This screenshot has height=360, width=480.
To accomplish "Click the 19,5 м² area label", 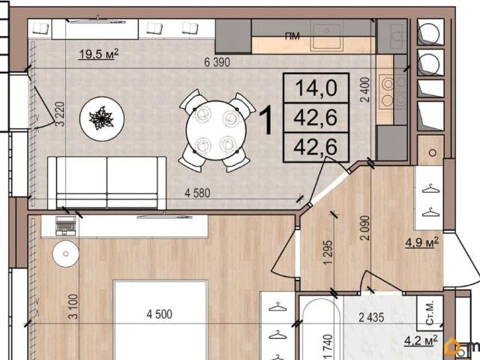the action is (98, 54).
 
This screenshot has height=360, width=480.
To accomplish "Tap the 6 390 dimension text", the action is (217, 62).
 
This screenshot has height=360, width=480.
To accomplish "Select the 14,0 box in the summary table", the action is (316, 88).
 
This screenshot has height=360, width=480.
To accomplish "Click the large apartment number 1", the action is (265, 120).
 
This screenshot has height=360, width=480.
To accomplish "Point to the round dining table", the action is (216, 130).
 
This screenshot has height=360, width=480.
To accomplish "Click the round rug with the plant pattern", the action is (102, 118).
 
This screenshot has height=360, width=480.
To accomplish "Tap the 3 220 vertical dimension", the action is (60, 114).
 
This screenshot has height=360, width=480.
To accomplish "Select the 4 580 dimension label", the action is (197, 193).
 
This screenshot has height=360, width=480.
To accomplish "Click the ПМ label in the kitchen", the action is (292, 36).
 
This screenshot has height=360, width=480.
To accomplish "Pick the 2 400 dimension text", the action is (365, 89).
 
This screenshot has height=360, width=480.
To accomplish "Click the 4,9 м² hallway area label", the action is (421, 242).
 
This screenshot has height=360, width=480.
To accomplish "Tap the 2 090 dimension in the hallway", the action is (365, 228).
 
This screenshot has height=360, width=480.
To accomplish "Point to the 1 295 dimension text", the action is (328, 253).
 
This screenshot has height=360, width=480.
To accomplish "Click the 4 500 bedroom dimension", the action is (159, 314).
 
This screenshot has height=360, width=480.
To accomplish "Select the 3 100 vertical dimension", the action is (73, 307).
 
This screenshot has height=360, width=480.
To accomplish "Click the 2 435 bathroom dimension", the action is (371, 317).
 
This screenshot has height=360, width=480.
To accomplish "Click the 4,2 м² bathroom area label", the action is (421, 340).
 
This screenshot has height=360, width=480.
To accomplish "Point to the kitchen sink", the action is (327, 36).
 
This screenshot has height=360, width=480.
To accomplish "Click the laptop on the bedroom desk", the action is (66, 226).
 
